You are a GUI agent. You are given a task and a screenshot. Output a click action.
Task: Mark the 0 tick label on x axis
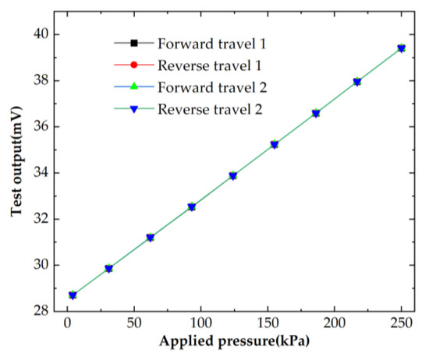[x=67, y=322]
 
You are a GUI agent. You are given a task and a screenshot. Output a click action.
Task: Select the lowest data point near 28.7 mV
[x=73, y=295]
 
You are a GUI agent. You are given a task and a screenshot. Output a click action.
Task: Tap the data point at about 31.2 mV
[x=150, y=238]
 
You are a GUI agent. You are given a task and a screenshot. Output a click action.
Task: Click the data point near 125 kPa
[x=233, y=176]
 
